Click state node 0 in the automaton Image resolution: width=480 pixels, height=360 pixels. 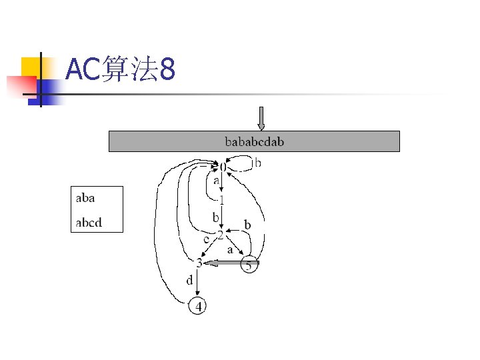[223, 165]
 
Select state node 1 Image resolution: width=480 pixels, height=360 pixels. [221, 199]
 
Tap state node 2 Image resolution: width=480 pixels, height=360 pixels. [221, 235]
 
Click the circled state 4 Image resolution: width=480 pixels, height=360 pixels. [198, 306]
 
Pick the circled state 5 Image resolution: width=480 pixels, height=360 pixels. [249, 265]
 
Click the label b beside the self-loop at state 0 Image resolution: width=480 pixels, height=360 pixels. [258, 162]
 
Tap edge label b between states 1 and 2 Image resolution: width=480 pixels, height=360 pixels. [215, 217]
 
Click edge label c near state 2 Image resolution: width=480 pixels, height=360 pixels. [206, 239]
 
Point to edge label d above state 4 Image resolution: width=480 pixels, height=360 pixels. [189, 281]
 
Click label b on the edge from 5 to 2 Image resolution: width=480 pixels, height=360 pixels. [247, 226]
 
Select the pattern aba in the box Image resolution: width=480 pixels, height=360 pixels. [85, 198]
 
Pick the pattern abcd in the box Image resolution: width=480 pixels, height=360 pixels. [89, 222]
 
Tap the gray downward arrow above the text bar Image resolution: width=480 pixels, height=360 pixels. [261, 118]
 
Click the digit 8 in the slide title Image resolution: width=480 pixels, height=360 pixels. [167, 70]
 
